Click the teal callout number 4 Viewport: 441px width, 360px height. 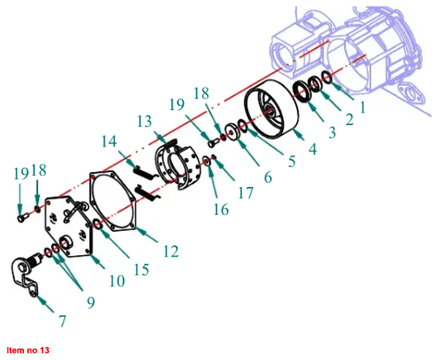click(x=313, y=149)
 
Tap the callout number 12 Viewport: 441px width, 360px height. click(x=170, y=251)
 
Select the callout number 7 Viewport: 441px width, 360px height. click(x=62, y=321)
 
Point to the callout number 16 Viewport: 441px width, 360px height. click(x=221, y=209)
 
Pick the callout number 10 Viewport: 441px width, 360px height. click(x=117, y=281)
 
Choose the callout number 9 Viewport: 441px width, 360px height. click(x=91, y=302)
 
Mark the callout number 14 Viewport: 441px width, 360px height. click(x=109, y=142)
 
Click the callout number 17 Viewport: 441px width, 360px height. click(x=246, y=193)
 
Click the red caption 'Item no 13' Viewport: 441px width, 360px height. click(x=28, y=350)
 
